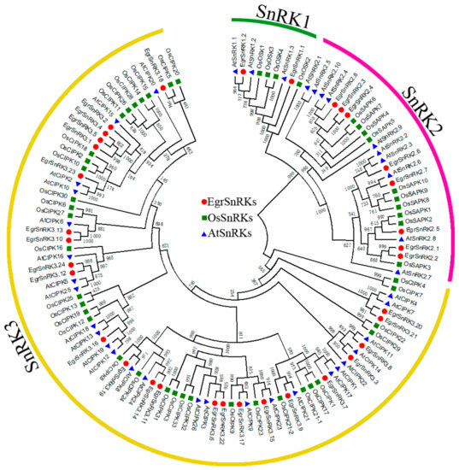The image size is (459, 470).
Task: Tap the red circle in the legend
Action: coord(203,202)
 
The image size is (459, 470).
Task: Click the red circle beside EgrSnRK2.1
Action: coord(398,248)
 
